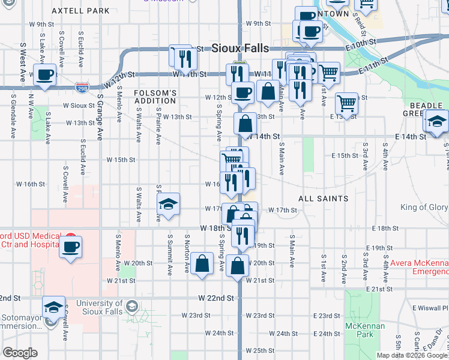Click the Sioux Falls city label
240,48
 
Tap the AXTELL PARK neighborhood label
80,11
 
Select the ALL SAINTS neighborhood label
324,198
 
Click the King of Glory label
424,208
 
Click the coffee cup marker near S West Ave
45,76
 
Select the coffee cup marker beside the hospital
71,247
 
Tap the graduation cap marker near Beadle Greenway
436,120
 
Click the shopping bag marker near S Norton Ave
203,263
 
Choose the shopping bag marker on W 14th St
245,125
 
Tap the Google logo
20,352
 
